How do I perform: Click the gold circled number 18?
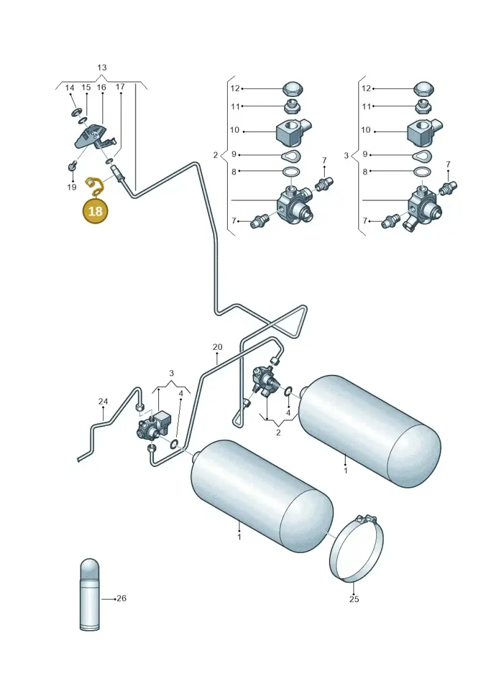click(95, 211)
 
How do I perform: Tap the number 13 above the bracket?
click(102, 67)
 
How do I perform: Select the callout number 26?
click(122, 598)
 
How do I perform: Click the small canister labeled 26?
click(89, 594)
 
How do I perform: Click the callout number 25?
click(354, 600)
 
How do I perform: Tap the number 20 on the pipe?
click(217, 347)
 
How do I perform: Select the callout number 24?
click(103, 401)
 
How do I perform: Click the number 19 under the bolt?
click(72, 187)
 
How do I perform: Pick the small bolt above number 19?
click(71, 166)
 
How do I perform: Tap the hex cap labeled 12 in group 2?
click(292, 88)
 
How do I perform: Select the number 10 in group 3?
click(366, 130)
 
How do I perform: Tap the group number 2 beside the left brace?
click(215, 155)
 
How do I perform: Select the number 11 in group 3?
click(366, 107)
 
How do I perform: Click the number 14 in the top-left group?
click(70, 88)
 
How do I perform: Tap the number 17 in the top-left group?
click(120, 87)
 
